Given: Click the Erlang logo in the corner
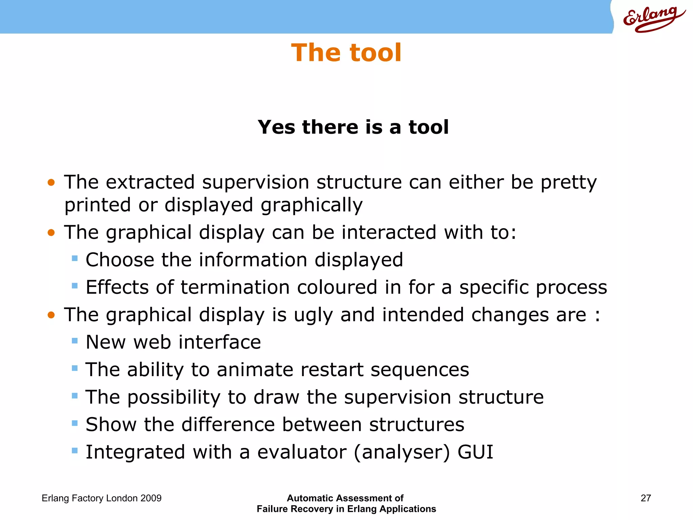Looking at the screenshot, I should click(x=653, y=19).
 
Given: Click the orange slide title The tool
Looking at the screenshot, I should click(x=346, y=53).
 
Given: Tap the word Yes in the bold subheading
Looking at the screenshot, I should click(x=276, y=127).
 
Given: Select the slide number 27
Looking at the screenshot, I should click(x=646, y=498).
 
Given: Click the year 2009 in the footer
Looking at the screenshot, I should click(x=151, y=498).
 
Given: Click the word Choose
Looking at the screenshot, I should click(x=120, y=260).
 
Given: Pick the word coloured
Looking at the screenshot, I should click(x=337, y=287).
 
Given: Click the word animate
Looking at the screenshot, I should click(x=255, y=370).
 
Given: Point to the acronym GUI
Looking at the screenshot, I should click(x=475, y=452).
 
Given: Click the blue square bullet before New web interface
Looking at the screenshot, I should click(x=75, y=341).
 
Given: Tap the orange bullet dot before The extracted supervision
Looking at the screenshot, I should click(x=51, y=183).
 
